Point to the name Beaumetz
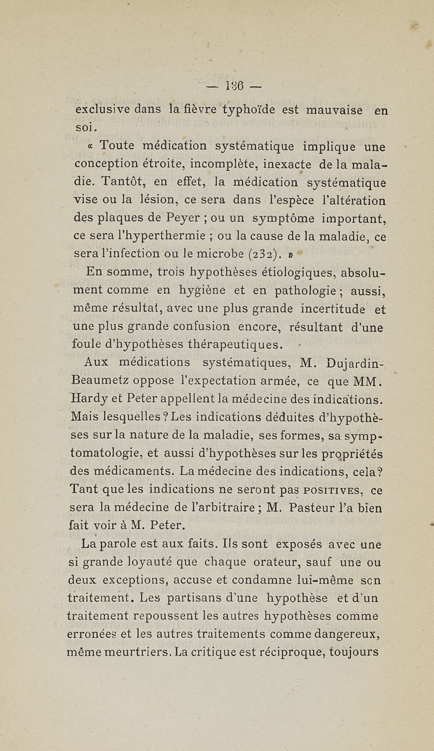tap(106, 383)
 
